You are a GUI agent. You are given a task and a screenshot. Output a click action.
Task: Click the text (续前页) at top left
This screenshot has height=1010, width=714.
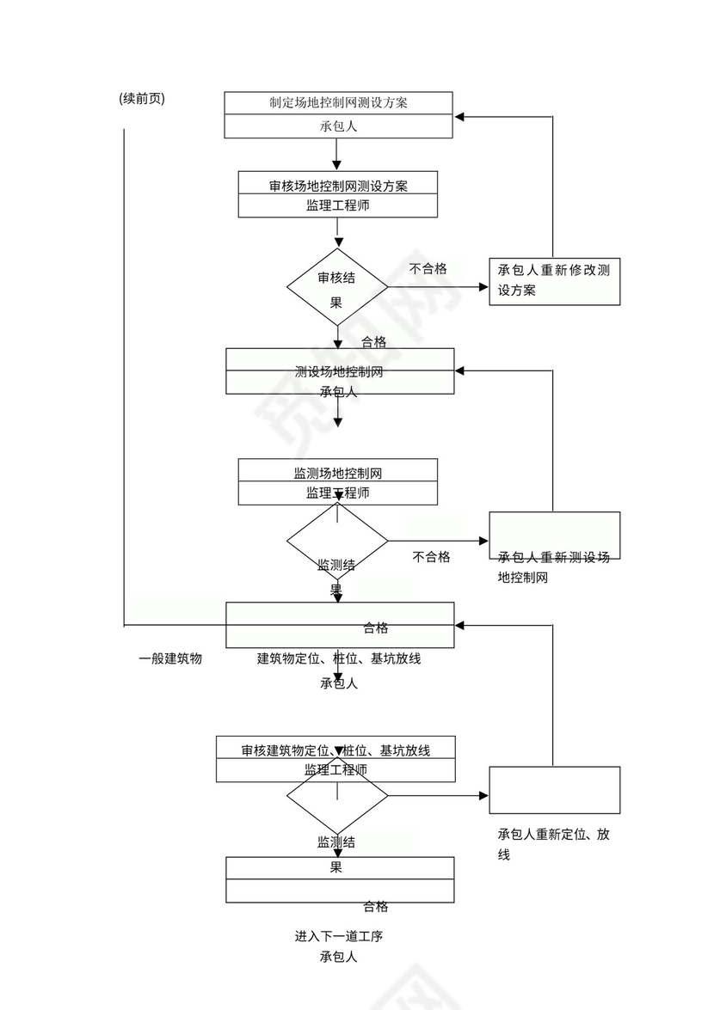142,99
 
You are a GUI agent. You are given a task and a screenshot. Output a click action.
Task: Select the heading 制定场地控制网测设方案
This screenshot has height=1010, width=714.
338,102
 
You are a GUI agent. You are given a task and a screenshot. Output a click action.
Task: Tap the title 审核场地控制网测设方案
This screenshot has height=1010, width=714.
338,186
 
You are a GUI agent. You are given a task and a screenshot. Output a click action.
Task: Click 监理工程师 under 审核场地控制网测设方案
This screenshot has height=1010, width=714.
338,206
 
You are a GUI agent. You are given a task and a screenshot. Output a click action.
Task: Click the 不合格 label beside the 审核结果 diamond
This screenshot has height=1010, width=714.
428,269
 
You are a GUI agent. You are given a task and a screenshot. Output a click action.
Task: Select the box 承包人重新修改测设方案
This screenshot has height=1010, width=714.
554,281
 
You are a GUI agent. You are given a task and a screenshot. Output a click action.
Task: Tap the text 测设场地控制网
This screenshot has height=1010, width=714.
338,372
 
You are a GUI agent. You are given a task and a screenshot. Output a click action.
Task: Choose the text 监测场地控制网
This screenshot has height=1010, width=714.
338,473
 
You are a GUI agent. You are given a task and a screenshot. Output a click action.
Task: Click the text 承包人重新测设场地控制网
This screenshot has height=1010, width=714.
553,567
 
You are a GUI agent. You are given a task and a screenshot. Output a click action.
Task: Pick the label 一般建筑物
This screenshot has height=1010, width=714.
170,659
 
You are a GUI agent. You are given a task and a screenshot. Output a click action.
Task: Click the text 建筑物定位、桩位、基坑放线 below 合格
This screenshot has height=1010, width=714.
338,659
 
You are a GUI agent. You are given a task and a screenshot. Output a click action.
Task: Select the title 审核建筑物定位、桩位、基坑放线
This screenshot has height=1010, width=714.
335,750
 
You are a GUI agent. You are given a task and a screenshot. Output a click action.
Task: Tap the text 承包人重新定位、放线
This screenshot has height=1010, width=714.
553,843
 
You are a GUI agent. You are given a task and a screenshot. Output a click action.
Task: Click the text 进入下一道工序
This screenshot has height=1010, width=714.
338,936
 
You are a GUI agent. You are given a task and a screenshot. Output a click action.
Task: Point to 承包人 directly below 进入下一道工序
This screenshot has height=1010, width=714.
338,957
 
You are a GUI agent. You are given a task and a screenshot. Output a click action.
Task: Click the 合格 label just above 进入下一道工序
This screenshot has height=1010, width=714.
375,907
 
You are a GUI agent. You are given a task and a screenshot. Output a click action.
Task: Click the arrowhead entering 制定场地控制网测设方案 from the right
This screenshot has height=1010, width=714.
461,115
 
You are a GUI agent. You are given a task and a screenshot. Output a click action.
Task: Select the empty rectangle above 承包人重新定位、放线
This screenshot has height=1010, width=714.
554,790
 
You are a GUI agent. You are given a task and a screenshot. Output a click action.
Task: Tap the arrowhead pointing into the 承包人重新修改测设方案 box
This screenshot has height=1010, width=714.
483,287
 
